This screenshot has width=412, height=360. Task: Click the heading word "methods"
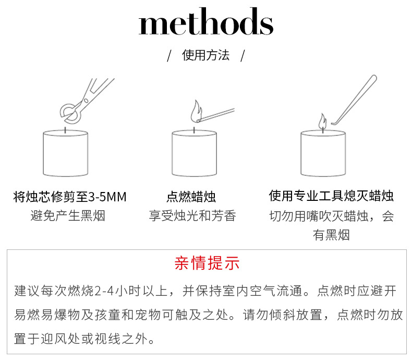[x=205, y=24]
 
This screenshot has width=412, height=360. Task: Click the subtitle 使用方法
[x=205, y=55]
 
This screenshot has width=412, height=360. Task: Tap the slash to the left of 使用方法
[x=169, y=56]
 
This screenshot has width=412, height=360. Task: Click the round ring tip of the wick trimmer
[x=67, y=111]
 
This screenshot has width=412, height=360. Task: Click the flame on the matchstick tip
[x=197, y=111]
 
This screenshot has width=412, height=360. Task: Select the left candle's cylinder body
[x=65, y=153]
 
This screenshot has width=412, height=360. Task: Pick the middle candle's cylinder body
[x=194, y=153]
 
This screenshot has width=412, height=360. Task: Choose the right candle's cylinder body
[x=323, y=153]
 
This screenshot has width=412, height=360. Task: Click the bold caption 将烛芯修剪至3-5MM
[x=70, y=197]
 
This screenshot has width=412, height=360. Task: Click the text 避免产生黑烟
[x=68, y=215]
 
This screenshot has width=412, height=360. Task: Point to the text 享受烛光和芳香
[x=192, y=215]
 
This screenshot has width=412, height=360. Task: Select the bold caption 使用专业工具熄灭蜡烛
[x=331, y=196]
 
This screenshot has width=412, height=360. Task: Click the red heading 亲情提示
[x=207, y=263]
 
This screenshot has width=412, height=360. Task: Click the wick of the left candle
[x=65, y=128]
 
